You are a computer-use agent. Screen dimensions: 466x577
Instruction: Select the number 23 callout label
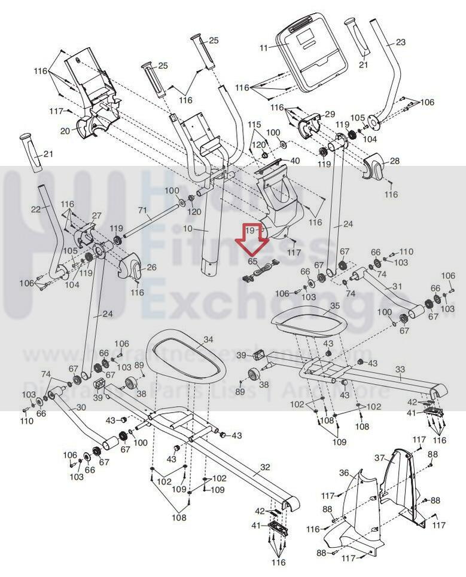pyautogui.click(x=400, y=42)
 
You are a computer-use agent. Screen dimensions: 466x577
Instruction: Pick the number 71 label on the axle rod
pyautogui.click(x=142, y=210)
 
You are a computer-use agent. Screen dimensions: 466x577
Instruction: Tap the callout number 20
pyautogui.click(x=65, y=131)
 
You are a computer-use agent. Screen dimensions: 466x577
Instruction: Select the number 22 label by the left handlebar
pyautogui.click(x=35, y=209)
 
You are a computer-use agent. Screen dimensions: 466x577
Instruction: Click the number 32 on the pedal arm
pyautogui.click(x=265, y=466)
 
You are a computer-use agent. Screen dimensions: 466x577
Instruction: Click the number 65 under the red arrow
pyautogui.click(x=252, y=261)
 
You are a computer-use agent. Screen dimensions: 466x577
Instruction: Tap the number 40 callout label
pyautogui.click(x=295, y=161)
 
